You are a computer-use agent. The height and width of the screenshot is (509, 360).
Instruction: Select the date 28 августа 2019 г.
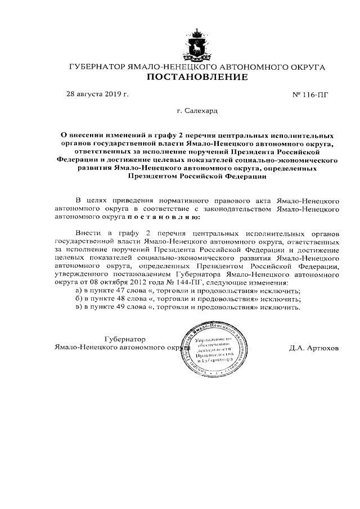[97, 94]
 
